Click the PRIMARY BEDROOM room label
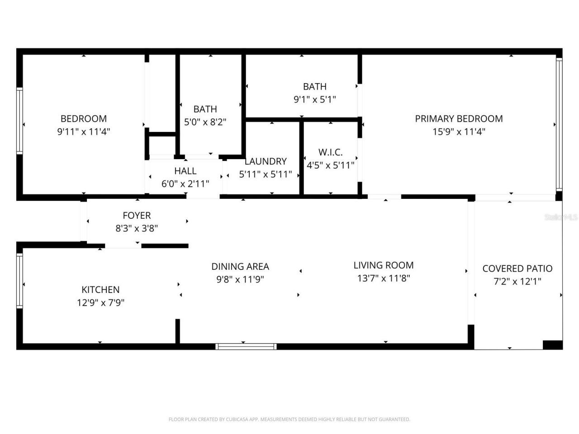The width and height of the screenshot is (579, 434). point(459,118)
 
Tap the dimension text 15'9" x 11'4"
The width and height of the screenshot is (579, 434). point(459,132)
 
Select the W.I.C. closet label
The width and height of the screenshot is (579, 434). point(330,152)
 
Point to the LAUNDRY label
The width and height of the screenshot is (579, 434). point(266,161)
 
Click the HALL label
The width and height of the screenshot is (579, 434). point(185,171)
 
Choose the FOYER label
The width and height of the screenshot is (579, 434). point(137,216)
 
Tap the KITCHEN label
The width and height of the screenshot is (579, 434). point(100,290)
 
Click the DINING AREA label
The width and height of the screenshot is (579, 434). point(240,267)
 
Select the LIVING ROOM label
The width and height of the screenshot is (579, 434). point(383,265)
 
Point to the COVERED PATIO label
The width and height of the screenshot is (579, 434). point(517,269)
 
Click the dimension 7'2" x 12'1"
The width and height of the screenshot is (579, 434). point(517,282)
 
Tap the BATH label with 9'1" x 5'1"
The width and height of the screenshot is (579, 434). point(314,86)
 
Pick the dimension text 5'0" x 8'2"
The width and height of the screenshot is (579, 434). point(205,122)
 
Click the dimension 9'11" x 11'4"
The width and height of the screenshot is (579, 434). point(84,132)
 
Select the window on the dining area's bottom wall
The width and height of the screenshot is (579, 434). point(246,347)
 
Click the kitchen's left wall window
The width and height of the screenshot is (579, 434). point(19,280)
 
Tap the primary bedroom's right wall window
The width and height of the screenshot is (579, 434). point(559,124)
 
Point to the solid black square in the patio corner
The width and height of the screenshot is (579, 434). point(552,345)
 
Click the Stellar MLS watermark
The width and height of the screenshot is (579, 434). point(561,217)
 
